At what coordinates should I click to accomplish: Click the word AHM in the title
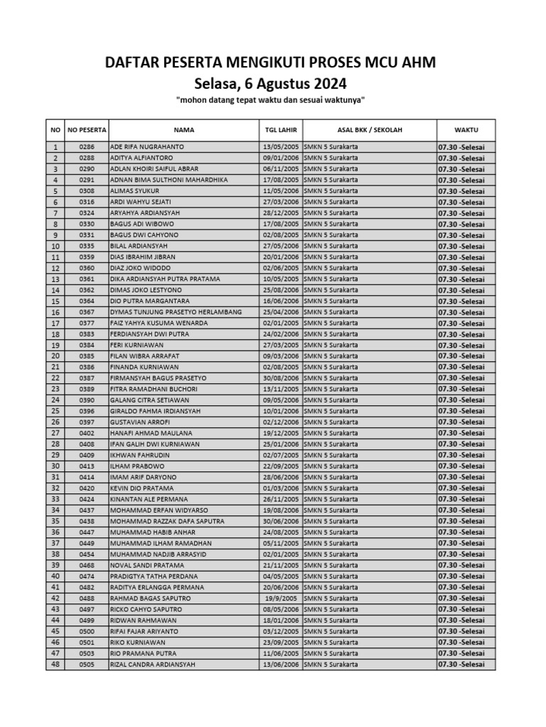(417, 63)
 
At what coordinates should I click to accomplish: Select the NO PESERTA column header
(87, 130)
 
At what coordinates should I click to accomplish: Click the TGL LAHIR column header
(280, 130)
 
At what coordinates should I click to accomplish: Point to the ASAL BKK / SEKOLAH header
(369, 130)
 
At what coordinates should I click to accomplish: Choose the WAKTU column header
(466, 130)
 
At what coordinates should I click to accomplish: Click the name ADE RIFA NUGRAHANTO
(147, 147)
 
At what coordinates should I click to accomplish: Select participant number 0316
(87, 202)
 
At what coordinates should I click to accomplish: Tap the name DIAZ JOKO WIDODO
(141, 268)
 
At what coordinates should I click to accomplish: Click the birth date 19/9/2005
(280, 598)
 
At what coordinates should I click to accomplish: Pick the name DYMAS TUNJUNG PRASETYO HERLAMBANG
(176, 312)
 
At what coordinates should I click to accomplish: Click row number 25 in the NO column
(55, 411)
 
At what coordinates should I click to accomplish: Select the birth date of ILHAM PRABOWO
(280, 466)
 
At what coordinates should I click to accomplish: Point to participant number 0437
(87, 510)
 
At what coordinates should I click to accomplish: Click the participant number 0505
(87, 665)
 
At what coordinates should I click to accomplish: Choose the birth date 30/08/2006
(280, 378)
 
